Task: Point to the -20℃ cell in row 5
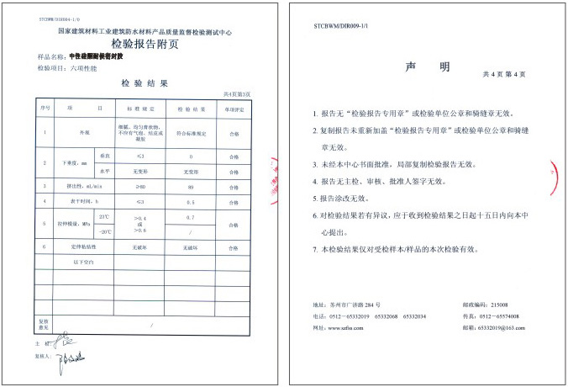pyautogui.click(x=104, y=231)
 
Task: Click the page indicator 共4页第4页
pyautogui.click(x=505, y=74)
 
